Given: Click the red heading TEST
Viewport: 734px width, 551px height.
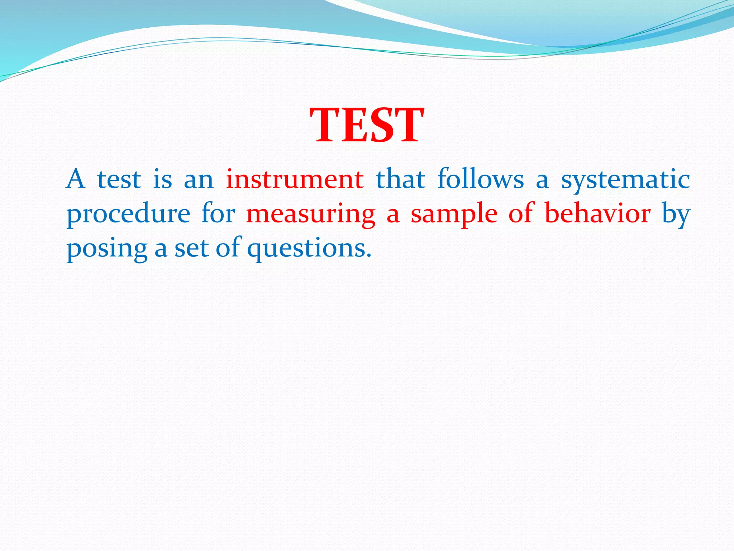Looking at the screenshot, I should [367, 126].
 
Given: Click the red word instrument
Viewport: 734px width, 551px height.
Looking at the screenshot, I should [295, 179].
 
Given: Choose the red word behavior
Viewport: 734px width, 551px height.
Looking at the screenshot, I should [597, 213].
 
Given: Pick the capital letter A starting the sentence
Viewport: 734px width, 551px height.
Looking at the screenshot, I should [76, 179].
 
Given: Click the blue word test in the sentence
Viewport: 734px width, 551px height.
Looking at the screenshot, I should [119, 180].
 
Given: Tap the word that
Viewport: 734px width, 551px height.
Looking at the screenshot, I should [400, 179].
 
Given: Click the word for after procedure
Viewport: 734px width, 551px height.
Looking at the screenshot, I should [218, 213].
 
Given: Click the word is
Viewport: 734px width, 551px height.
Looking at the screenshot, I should [162, 179].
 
